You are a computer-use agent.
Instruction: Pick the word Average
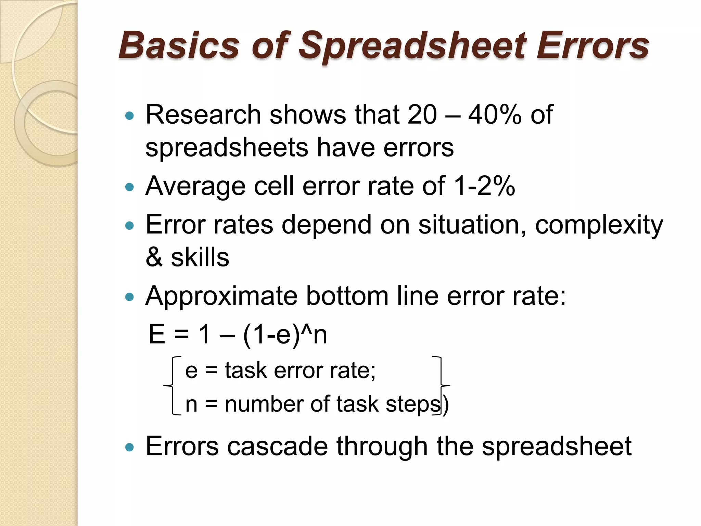click(x=195, y=187)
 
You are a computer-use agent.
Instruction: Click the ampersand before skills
click(x=154, y=257)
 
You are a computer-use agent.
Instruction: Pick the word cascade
click(x=278, y=446)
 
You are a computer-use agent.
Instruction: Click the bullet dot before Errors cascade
click(x=129, y=447)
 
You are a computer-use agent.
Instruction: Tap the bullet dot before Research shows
click(x=129, y=116)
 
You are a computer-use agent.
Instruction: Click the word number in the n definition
click(x=263, y=404)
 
